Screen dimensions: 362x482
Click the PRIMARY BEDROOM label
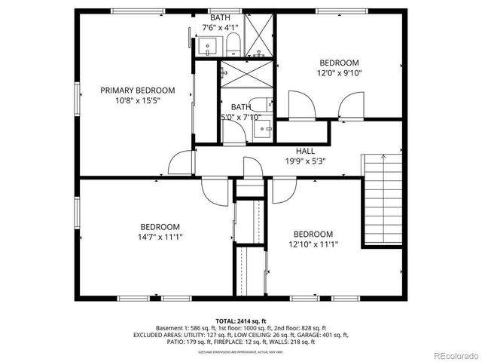coord(138,90)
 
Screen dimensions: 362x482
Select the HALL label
coord(305,151)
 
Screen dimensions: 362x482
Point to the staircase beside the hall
coord(381,200)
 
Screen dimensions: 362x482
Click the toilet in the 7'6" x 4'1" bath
coord(233,44)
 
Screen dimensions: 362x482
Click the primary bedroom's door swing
coord(181,163)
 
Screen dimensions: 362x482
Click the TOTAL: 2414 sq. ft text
coord(241,321)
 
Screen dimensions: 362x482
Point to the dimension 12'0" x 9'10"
coord(339,73)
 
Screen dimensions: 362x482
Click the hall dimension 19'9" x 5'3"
coord(305,161)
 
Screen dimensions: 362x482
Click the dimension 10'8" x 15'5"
coord(138,100)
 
